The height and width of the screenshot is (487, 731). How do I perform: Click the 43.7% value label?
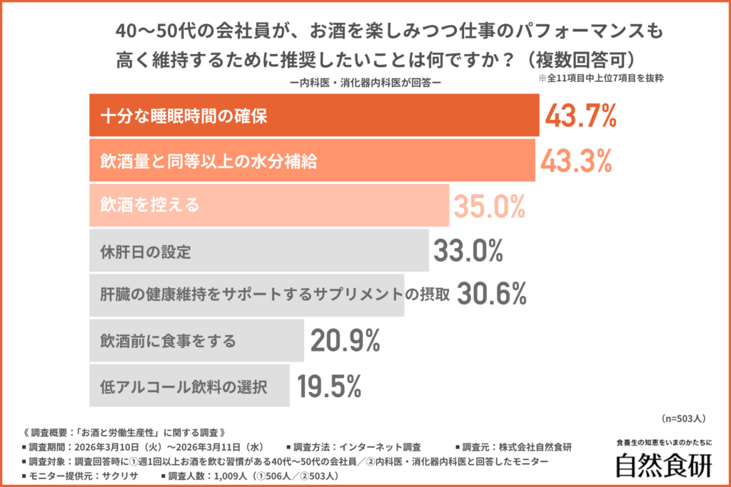tap(580, 116)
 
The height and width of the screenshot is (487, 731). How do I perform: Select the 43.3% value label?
tap(576, 161)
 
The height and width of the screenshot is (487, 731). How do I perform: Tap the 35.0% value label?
tap(490, 206)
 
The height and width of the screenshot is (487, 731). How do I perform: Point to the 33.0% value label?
tap(468, 251)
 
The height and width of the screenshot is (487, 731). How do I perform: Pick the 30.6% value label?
tap(491, 295)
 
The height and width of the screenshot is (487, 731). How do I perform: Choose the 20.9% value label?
tap(345, 341)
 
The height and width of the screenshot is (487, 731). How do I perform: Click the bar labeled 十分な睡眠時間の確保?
tap(314, 116)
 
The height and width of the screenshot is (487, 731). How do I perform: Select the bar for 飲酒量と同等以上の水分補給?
tap(311, 161)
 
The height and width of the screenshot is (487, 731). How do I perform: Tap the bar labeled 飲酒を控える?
tap(268, 206)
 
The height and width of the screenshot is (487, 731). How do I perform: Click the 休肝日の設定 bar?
tap(258, 251)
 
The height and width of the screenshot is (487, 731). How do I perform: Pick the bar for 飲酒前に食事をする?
tap(196, 341)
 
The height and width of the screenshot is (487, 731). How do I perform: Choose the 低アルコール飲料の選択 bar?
tap(189, 386)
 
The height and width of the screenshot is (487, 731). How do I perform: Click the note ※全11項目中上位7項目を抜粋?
tap(602, 78)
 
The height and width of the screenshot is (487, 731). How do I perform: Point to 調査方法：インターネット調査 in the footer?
tap(353, 447)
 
